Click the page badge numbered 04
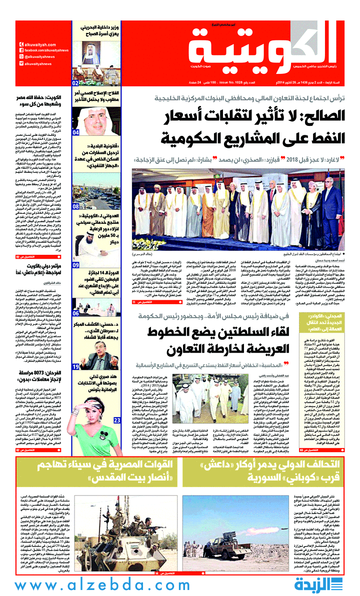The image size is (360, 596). [x=76, y=133]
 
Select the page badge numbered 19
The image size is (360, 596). [x=76, y=366]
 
